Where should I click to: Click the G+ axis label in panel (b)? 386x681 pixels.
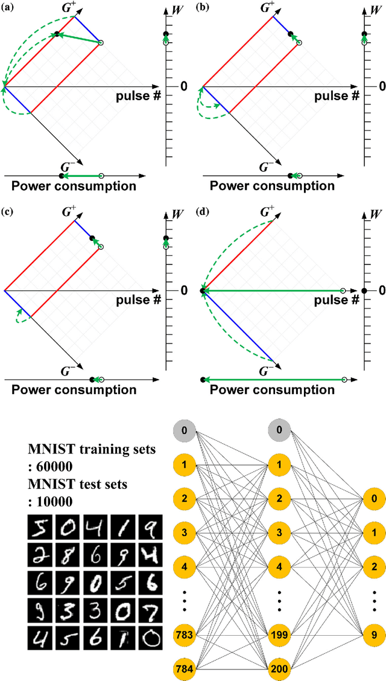(x=265, y=8)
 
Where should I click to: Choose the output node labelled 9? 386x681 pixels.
(x=373, y=635)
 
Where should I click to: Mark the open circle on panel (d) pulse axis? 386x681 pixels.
(x=343, y=291)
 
